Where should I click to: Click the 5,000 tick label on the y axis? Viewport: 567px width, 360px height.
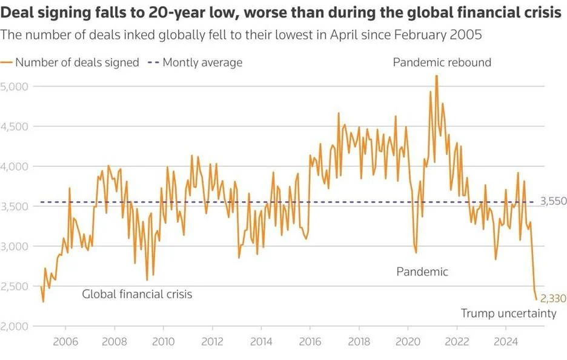(14, 87)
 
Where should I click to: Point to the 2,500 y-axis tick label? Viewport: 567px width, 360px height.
(14, 286)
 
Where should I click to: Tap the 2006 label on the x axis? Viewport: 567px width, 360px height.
(65, 341)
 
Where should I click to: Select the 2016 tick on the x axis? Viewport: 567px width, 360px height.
(310, 341)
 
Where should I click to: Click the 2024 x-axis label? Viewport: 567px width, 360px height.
(506, 341)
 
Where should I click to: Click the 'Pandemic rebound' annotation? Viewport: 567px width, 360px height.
(442, 62)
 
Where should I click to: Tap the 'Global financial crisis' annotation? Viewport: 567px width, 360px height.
(137, 295)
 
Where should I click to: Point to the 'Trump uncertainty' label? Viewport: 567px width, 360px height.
(508, 313)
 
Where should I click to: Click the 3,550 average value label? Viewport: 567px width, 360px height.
(554, 201)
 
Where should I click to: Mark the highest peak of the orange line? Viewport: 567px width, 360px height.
(437, 76)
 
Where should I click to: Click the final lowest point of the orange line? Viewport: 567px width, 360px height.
(536, 299)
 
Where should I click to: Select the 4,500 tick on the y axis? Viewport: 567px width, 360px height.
(14, 127)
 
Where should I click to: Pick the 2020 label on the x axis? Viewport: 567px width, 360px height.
(408, 341)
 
